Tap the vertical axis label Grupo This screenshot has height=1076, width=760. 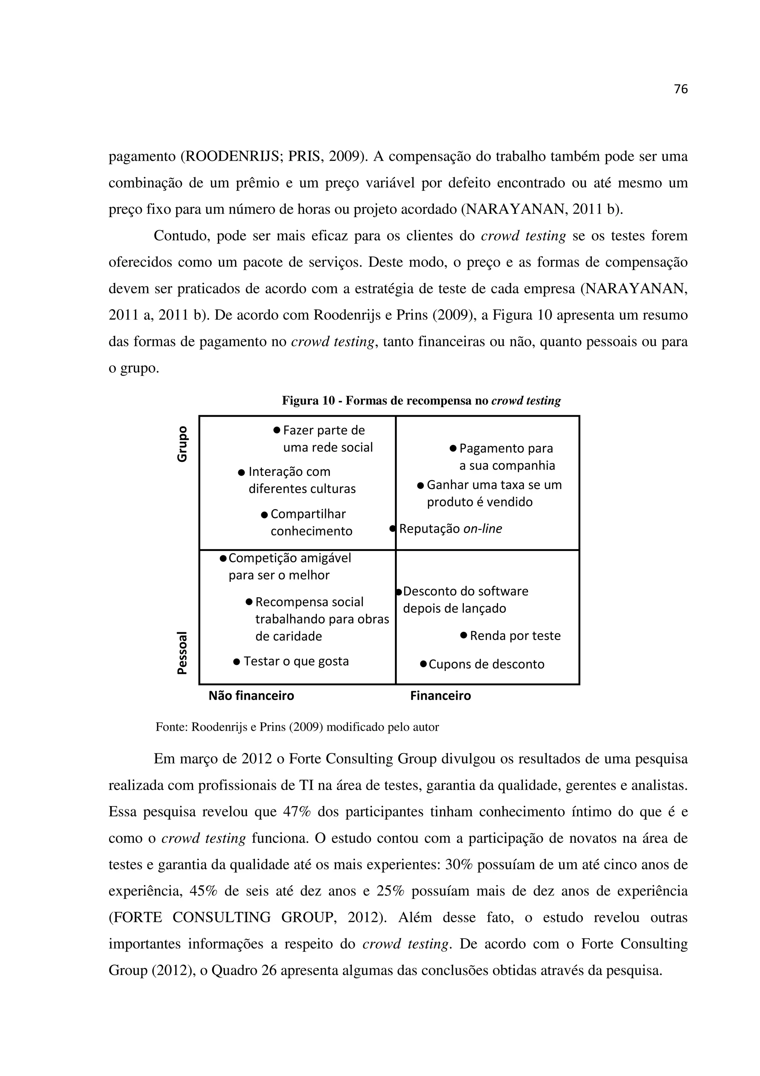tap(182, 444)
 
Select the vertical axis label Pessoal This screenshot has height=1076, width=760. tap(182, 652)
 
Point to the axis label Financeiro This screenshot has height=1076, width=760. tap(440, 695)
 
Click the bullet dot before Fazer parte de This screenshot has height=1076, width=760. tap(276, 430)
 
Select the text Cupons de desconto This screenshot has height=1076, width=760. tap(486, 664)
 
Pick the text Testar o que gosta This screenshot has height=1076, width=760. tap(296, 661)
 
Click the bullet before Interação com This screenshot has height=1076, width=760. tap(241, 472)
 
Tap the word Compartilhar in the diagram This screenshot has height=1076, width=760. tap(308, 514)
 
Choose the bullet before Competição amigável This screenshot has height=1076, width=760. tap(223, 558)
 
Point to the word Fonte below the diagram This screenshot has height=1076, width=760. tap(171, 727)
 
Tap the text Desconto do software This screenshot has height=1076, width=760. tap(465, 591)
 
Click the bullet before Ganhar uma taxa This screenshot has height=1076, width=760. tap(420, 485)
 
